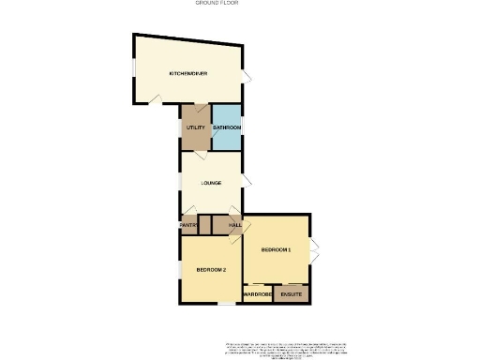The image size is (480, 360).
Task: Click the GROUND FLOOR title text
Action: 216,3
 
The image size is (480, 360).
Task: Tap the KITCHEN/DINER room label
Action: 187,73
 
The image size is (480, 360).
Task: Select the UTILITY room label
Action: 195,127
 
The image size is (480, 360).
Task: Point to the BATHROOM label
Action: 227,127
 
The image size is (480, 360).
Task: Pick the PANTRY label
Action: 187,225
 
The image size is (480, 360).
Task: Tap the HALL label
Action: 234,225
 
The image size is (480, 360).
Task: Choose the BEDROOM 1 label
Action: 277,249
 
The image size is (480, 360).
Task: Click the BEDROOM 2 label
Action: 211,270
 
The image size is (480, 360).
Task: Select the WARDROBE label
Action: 257,294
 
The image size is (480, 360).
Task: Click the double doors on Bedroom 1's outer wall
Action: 314,249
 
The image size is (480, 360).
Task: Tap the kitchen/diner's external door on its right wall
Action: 247,77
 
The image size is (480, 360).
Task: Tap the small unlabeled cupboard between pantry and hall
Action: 204,225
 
